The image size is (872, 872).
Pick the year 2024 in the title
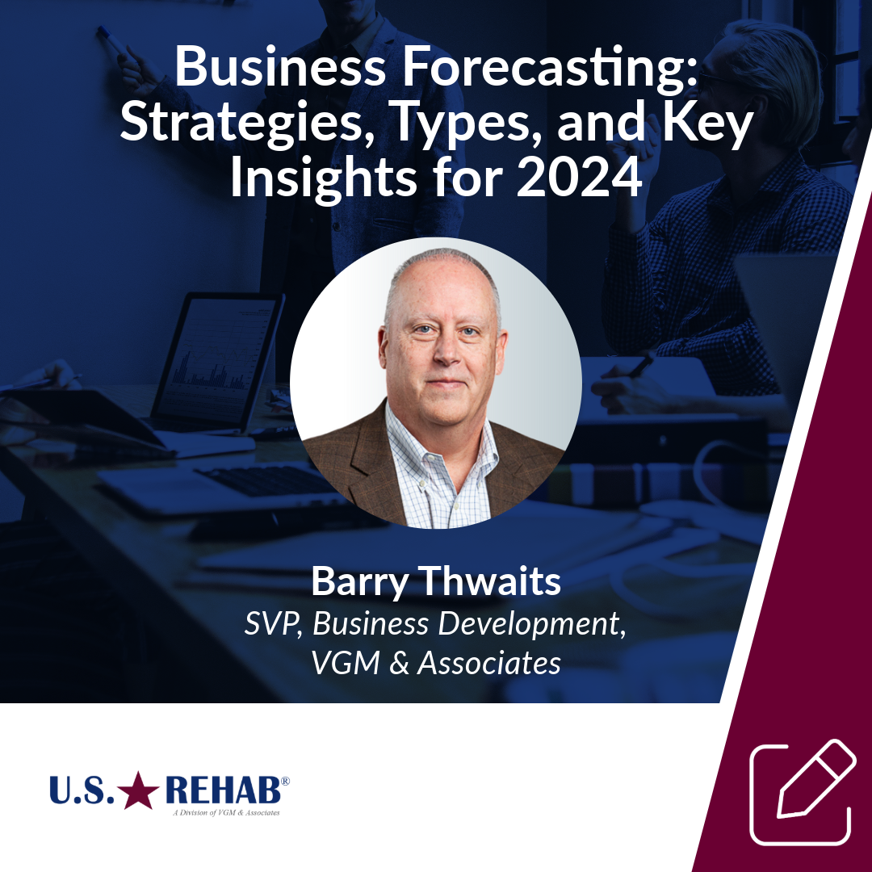tap(579, 178)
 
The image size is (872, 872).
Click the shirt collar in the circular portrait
tap(436, 436)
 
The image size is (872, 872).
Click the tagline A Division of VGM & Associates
tap(227, 813)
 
